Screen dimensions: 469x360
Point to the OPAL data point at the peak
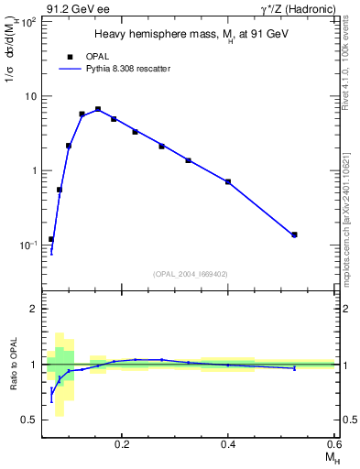click(98, 109)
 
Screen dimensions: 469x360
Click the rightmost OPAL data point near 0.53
click(294, 234)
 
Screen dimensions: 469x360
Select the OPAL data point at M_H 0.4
click(228, 181)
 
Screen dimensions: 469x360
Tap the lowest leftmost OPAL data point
click(51, 239)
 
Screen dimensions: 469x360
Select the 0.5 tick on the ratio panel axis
click(30, 420)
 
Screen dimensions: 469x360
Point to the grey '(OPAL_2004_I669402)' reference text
click(191, 273)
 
